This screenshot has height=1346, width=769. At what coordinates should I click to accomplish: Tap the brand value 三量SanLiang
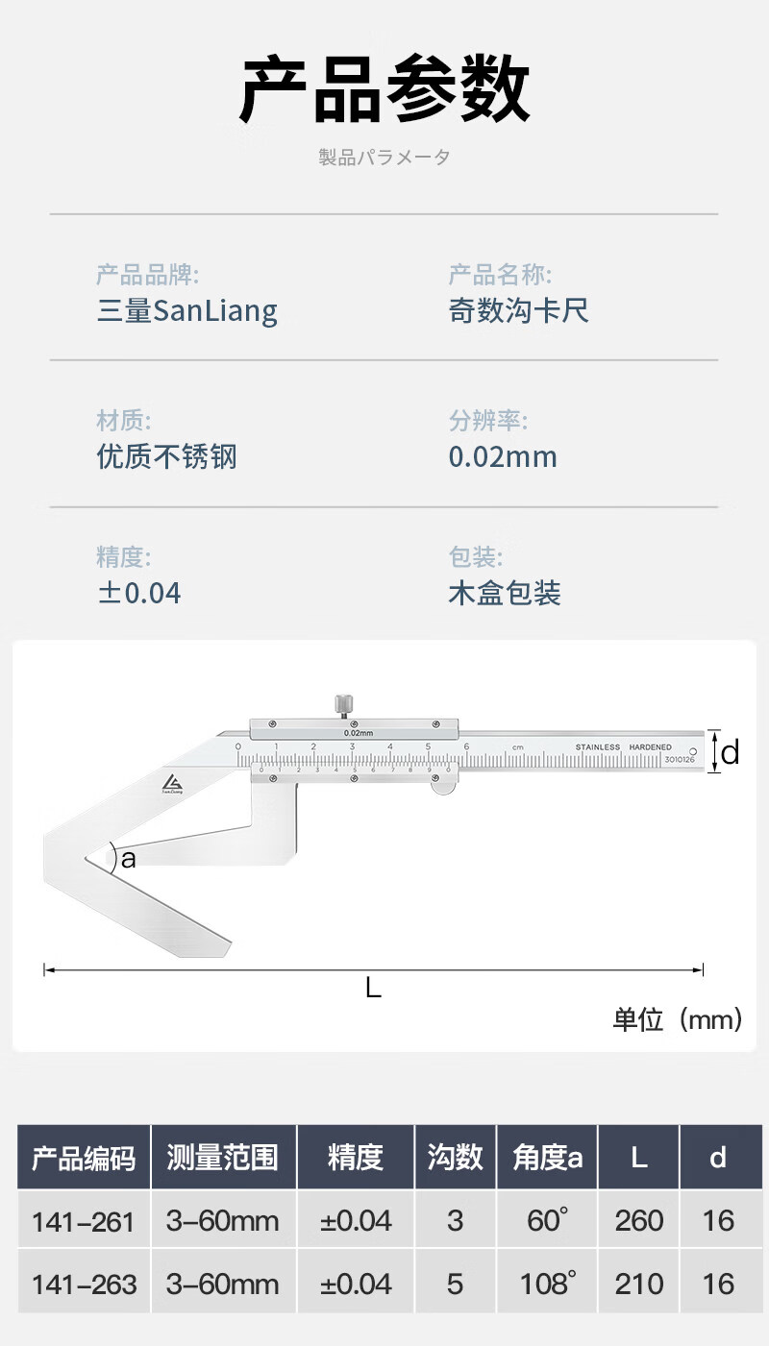pos(187,310)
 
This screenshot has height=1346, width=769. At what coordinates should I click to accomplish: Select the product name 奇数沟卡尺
pos(518,310)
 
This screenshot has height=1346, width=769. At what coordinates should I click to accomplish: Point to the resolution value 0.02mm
pos(503,456)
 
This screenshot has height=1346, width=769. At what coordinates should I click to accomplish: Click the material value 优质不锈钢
pos(166,456)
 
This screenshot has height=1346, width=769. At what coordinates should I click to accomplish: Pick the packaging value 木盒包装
pos(505,593)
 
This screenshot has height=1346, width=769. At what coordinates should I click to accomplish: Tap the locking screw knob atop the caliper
pos(341,704)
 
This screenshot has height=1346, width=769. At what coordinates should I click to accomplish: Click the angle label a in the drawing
pos(128,860)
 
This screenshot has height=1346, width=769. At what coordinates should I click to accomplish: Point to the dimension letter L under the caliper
pos(373,987)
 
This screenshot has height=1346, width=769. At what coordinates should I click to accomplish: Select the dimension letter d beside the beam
pos(731,752)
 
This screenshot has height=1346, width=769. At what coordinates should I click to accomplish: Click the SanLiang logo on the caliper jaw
pos(172,783)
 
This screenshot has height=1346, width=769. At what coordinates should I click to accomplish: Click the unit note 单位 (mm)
pos(677,1019)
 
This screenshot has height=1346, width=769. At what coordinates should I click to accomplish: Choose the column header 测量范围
pos(222,1158)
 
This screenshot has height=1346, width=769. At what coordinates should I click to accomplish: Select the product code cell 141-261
pos(84,1221)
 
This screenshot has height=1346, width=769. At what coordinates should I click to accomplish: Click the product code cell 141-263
pos(84,1284)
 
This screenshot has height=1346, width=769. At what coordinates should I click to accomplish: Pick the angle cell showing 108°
pos(548,1284)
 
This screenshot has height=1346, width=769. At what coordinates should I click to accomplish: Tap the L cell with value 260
pos(638,1221)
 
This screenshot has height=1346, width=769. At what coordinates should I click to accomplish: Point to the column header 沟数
pos(455,1158)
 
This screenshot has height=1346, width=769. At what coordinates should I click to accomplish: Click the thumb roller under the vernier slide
pos(443,787)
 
